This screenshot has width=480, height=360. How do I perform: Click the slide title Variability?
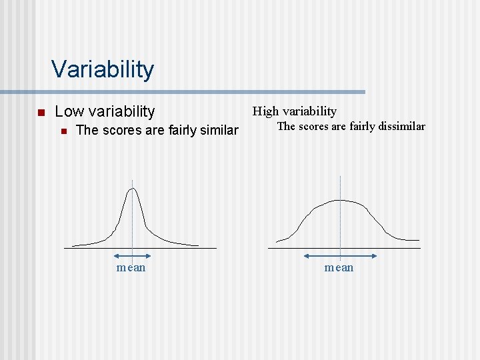[x=103, y=69]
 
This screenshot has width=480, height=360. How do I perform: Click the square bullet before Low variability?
[x=40, y=112]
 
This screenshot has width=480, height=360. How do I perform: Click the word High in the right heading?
[x=266, y=111]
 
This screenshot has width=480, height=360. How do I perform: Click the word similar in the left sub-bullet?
[x=218, y=130]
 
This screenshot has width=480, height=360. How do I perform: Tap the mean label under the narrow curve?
[x=131, y=267]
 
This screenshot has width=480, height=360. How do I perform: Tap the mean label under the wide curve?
[x=339, y=267]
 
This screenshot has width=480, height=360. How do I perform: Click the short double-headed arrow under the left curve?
[x=131, y=255]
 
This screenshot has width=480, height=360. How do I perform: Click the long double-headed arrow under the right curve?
[x=340, y=255]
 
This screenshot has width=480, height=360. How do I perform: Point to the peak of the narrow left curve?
[x=133, y=189]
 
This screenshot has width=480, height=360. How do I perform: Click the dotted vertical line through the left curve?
[x=133, y=220]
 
